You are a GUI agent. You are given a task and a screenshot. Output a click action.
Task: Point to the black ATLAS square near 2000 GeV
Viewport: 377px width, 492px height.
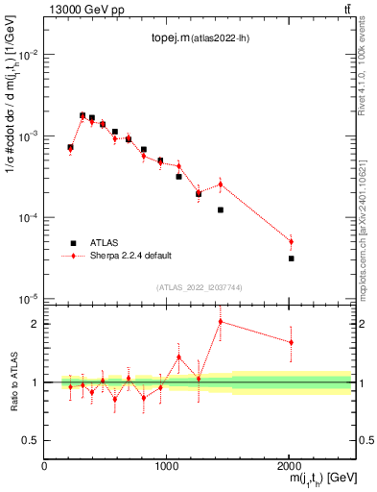pyautogui.click(x=291, y=258)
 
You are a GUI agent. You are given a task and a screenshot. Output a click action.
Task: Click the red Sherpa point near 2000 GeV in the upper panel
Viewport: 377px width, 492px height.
pyautogui.click(x=291, y=242)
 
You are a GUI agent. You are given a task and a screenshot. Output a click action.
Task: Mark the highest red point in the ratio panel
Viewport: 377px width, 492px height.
pyautogui.click(x=221, y=321)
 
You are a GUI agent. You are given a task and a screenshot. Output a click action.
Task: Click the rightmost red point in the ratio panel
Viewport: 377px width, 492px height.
pyautogui.click(x=291, y=342)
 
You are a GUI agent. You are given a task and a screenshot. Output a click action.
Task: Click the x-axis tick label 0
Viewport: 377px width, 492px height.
pyautogui.click(x=44, y=465)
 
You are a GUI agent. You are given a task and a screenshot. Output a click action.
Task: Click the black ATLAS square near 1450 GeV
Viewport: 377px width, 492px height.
pyautogui.click(x=221, y=209)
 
